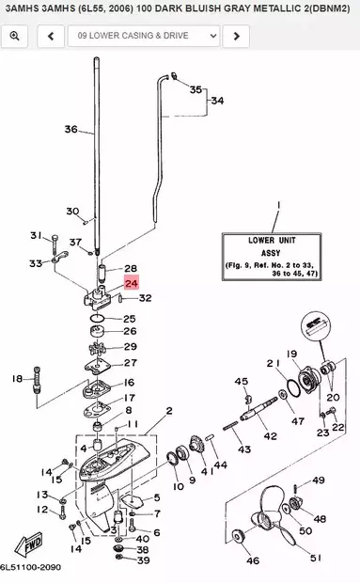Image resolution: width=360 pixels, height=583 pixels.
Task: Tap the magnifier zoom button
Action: pos(14,36)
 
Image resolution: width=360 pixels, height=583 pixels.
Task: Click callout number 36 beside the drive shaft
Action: pos(70,130)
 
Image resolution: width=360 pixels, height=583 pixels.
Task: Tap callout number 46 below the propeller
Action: pos(252,560)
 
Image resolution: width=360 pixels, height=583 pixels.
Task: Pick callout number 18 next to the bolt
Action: pos(17,379)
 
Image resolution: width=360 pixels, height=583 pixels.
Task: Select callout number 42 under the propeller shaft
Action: pos(270,436)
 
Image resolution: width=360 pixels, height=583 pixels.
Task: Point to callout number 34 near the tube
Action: pos(217,100)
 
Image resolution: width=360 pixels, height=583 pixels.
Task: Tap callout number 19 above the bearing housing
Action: pos(291,354)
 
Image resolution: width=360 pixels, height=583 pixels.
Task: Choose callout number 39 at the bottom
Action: pos(143,560)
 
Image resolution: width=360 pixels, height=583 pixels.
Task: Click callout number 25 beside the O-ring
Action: pos(130,320)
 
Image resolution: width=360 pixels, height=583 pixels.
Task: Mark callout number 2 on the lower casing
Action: pos(169,411)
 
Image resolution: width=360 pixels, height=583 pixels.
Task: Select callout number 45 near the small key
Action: pos(241,381)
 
